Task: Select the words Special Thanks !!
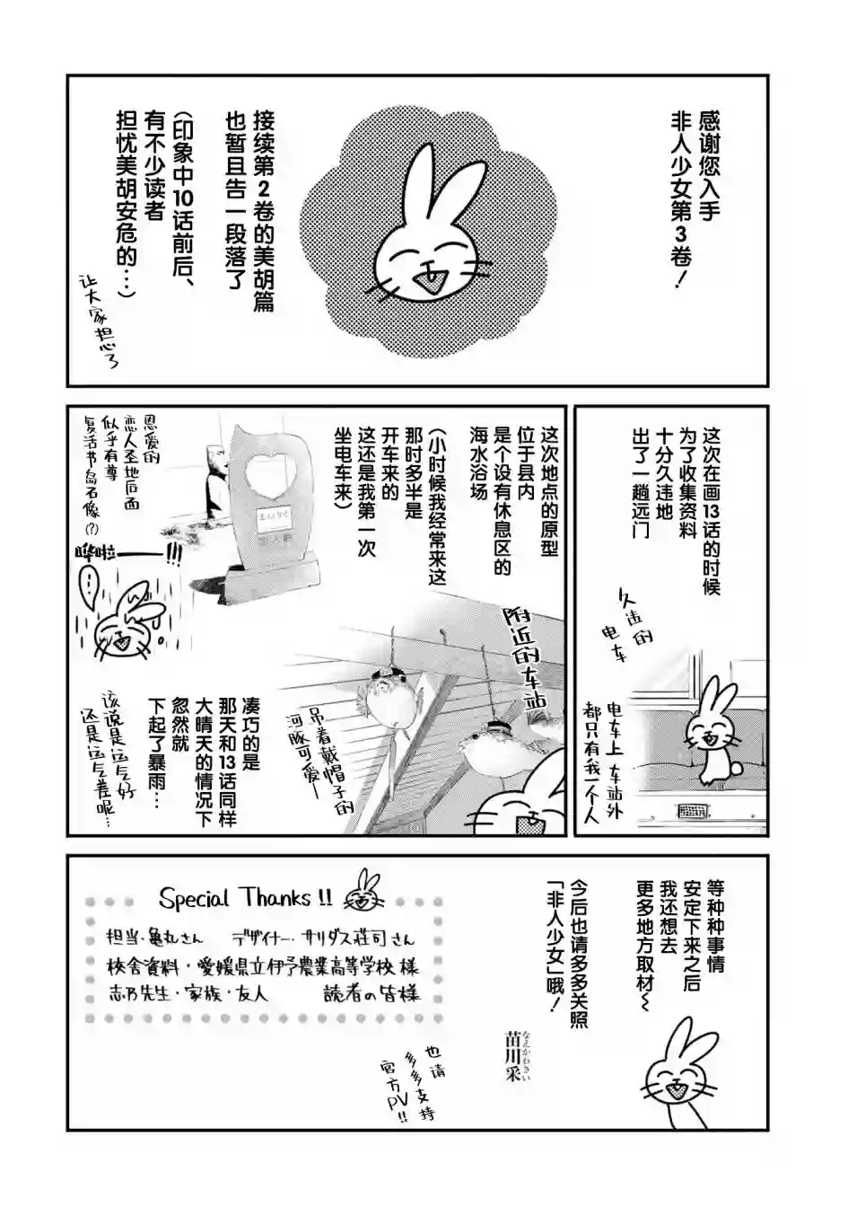(244, 897)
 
